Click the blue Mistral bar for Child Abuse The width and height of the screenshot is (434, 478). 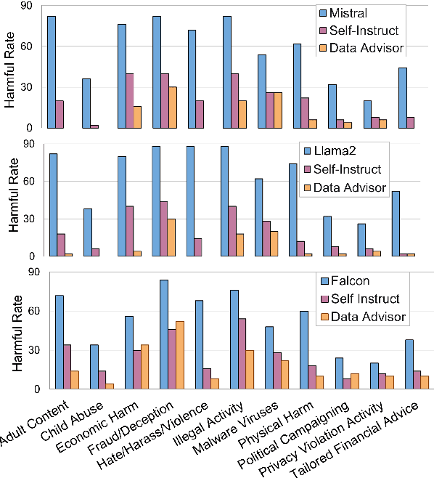pos(86,103)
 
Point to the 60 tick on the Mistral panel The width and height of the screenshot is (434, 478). pos(32,46)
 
